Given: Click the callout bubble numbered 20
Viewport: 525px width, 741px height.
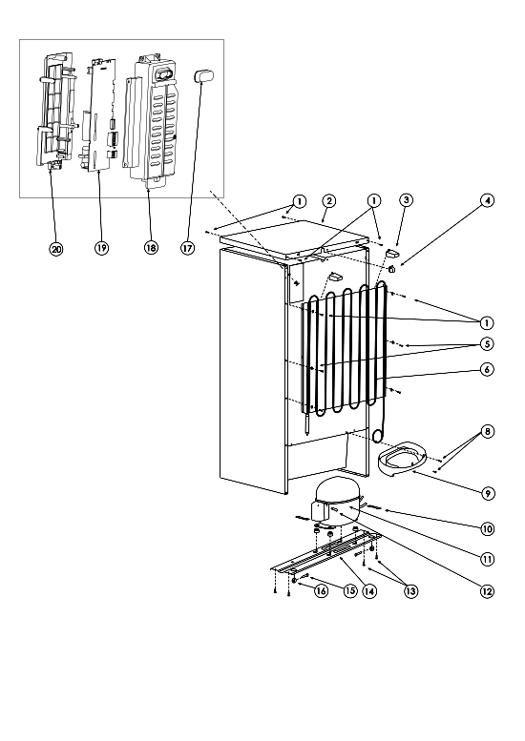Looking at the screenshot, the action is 56,249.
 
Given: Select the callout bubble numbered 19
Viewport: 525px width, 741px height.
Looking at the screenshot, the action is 101,248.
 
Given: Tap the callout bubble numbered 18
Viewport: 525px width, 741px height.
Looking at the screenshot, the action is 151,247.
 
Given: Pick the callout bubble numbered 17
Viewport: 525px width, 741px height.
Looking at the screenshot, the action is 188,248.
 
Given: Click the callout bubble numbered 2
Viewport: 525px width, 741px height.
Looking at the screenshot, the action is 328,201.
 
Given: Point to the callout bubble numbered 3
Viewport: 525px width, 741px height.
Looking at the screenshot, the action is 406,200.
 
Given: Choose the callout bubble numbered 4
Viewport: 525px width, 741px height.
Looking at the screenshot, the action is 487,200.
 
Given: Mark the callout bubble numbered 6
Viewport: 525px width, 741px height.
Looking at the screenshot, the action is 487,369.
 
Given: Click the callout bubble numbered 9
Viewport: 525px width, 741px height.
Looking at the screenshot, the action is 488,493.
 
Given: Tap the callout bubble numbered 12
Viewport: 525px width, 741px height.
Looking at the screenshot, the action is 487,590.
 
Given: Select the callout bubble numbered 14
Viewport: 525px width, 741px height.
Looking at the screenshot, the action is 369,590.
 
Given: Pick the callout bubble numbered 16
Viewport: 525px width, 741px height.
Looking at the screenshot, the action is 321,590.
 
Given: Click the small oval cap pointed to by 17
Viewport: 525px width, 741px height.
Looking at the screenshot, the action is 204,75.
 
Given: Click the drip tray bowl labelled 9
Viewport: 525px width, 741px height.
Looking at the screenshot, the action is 403,456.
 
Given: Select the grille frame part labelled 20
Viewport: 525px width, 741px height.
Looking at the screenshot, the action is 55,110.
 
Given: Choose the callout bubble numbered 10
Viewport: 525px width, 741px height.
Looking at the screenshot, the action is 487,529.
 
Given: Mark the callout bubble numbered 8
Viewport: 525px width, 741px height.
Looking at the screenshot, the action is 487,431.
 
